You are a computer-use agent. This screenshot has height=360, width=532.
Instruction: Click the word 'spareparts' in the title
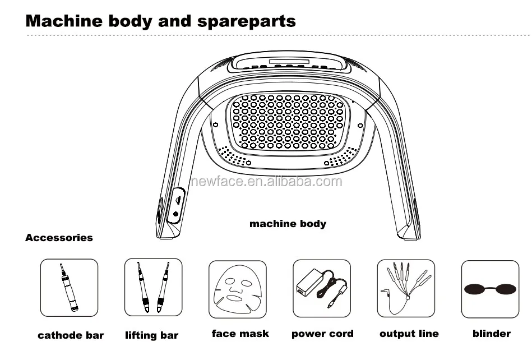click(x=246, y=21)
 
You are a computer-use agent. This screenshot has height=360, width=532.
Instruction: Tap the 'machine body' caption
click(x=288, y=224)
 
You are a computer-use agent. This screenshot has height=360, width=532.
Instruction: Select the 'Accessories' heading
click(x=59, y=238)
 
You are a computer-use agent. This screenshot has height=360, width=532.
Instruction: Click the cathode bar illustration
click(x=69, y=288)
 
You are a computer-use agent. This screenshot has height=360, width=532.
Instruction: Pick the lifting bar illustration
click(x=154, y=287)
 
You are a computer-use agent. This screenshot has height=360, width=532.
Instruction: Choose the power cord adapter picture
click(x=322, y=288)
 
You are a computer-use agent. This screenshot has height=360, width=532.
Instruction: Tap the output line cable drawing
click(x=406, y=288)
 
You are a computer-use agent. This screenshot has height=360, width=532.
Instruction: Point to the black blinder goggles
click(x=490, y=289)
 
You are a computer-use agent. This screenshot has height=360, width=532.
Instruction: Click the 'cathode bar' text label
click(x=71, y=335)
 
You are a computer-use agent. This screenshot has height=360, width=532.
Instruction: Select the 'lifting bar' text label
click(x=152, y=335)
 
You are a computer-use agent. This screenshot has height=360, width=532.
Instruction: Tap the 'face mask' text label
click(x=240, y=334)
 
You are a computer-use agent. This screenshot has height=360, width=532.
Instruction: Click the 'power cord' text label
click(x=322, y=334)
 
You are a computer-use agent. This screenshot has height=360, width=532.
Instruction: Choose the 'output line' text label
click(x=409, y=334)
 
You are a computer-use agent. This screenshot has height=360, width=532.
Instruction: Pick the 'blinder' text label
click(x=492, y=334)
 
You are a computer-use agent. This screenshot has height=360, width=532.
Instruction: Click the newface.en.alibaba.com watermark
click(x=266, y=182)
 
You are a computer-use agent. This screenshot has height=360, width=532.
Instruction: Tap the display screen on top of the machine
click(x=289, y=62)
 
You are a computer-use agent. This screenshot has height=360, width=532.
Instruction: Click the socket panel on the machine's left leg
click(x=177, y=206)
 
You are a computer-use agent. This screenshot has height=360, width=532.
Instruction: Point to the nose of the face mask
click(x=237, y=288)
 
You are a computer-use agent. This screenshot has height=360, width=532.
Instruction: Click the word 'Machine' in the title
click(x=64, y=21)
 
